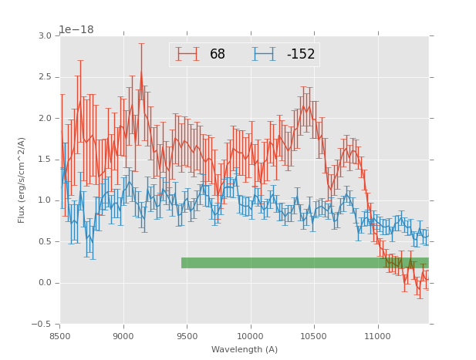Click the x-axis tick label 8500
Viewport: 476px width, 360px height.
60,335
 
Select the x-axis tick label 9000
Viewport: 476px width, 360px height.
123,335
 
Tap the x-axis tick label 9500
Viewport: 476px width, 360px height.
187,335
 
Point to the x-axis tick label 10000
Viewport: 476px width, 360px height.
251,335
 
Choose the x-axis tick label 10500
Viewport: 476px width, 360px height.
315,335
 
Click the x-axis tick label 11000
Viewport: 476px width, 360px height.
378,335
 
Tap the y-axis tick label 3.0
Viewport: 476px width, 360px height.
45,36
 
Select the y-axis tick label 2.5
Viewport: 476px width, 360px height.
45,77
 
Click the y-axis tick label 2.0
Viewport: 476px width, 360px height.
45,119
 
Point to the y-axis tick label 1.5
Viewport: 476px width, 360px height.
45,160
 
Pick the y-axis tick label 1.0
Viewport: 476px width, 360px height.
45,200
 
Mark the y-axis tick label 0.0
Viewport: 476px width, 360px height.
45,283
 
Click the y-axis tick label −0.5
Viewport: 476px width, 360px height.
42,324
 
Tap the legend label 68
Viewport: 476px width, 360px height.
218,55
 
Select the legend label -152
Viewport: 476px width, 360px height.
300,55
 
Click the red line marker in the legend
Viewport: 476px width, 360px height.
187,54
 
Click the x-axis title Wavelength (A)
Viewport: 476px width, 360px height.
245,349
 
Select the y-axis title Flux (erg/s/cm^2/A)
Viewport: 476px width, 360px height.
22,180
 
